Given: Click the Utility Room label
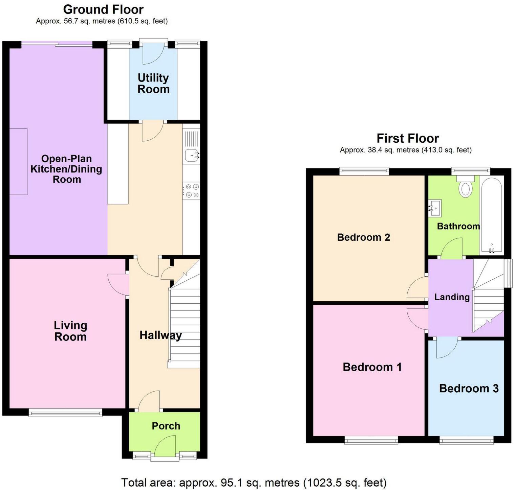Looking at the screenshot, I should (153, 84).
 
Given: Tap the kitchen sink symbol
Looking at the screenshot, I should (192, 156).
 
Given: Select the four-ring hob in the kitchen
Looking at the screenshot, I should (191, 190).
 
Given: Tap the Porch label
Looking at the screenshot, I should (166, 426).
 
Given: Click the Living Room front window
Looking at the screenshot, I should (65, 412).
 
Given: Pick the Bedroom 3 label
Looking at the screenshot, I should (469, 389).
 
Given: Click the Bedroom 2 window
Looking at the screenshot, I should (364, 171).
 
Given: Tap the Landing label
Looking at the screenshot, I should (452, 297).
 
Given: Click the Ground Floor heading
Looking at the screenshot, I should (103, 9).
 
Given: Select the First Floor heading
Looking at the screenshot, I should (407, 138).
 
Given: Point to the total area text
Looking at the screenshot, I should (254, 482).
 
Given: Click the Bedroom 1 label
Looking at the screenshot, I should (372, 367).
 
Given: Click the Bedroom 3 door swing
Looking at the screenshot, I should (446, 348).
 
